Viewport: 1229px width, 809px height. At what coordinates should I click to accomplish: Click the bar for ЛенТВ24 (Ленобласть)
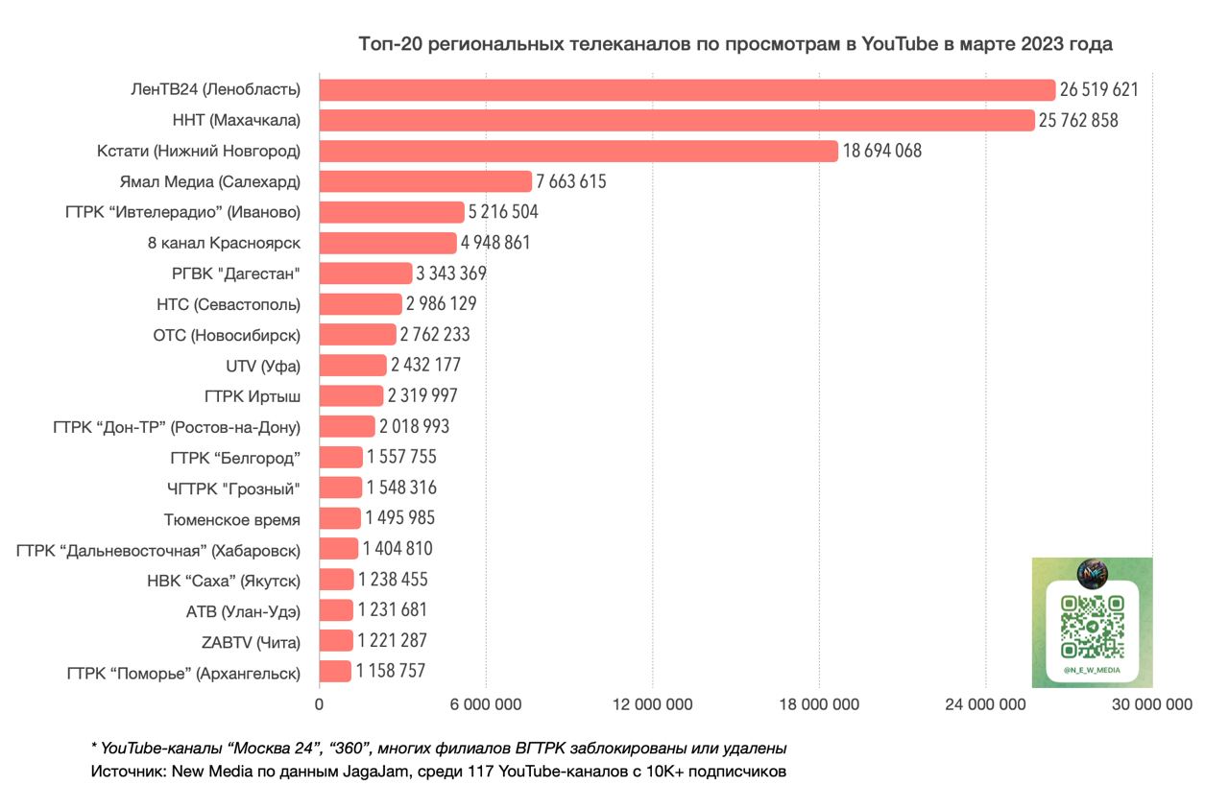point(687,90)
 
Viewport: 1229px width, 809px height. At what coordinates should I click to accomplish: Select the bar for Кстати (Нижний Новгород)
point(578,151)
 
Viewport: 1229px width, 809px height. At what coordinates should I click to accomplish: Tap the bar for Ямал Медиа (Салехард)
point(424,181)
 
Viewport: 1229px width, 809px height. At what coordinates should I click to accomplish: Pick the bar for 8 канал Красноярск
point(387,243)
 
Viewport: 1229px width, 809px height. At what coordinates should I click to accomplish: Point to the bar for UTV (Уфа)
point(352,365)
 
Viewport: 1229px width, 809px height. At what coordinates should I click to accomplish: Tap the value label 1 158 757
point(391,672)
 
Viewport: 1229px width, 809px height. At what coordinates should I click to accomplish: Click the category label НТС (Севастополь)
point(229,304)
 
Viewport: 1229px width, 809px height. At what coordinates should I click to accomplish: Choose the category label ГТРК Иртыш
point(253,395)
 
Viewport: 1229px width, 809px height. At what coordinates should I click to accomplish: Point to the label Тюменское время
point(232,519)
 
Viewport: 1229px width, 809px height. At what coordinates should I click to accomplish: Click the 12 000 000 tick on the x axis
point(652,704)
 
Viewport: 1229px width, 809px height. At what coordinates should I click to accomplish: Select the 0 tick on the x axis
point(319,704)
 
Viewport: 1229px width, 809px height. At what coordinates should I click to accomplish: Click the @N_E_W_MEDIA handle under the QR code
point(1092,670)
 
